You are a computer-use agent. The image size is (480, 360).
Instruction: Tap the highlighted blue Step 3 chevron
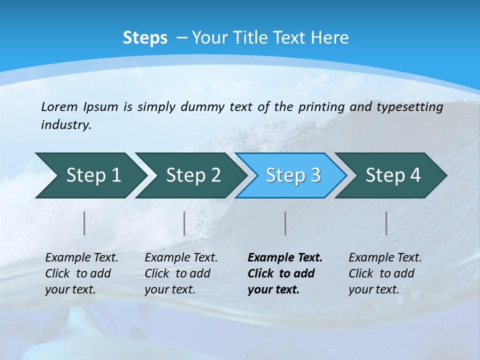coord(293,175)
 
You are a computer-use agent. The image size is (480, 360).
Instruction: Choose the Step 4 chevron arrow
coord(393,175)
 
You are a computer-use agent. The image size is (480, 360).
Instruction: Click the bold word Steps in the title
coord(145,38)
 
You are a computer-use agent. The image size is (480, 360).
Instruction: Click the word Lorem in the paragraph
coord(59,106)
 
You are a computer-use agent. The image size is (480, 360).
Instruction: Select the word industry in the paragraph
coord(66,125)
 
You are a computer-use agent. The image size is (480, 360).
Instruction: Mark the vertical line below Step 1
coord(84,223)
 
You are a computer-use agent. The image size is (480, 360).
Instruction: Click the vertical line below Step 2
coord(184,223)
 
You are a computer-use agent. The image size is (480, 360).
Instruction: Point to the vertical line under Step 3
coord(285,223)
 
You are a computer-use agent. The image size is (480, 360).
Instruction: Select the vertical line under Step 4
coord(386,223)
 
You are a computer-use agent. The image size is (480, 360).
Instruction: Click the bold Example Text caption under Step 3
coord(284,273)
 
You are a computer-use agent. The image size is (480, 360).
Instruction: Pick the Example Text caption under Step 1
coord(81,273)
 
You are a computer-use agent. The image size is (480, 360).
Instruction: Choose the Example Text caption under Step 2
coord(181,273)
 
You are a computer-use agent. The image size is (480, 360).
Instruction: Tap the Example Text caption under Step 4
coord(385,273)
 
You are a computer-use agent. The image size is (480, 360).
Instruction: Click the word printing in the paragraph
coord(321,106)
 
